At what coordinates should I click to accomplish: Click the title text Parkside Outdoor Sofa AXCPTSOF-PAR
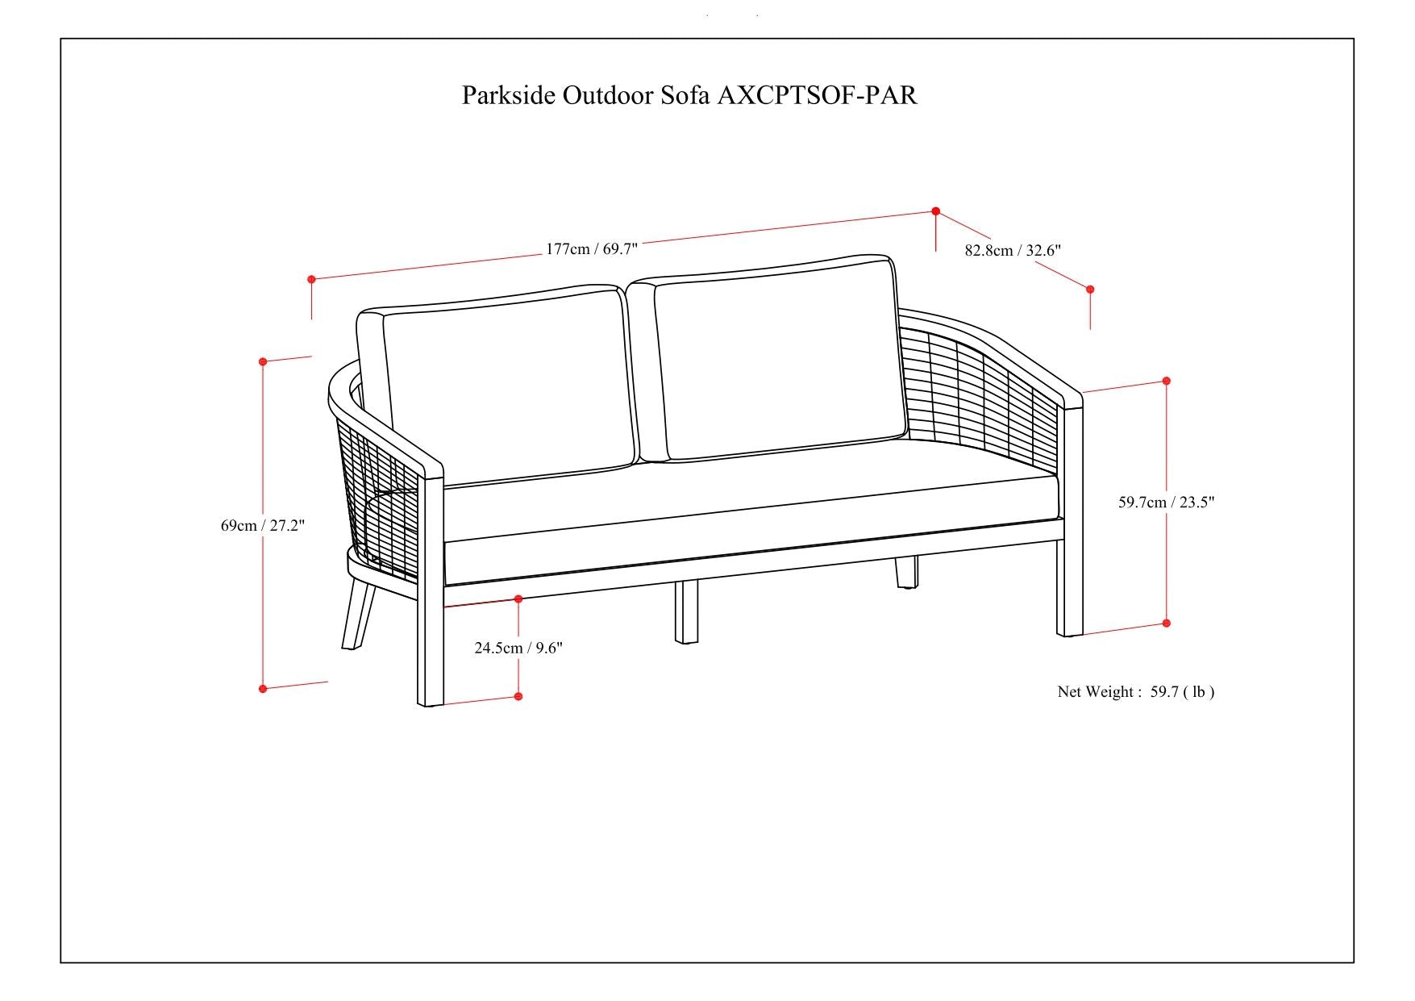tap(689, 95)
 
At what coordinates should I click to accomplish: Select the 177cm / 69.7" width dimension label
tap(591, 248)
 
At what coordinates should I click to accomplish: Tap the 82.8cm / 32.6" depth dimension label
tap(1013, 250)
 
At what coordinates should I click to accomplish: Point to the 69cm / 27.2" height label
tap(263, 526)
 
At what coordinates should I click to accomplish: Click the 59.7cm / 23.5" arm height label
tap(1166, 502)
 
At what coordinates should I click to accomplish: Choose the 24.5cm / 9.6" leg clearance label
tap(518, 648)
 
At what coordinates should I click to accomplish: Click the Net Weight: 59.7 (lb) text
tap(1135, 691)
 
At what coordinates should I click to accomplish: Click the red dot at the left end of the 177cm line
tap(311, 279)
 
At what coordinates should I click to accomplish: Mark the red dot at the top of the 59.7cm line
tap(1166, 381)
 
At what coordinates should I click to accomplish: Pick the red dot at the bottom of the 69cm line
tap(263, 688)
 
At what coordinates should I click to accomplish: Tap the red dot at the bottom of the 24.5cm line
tap(518, 696)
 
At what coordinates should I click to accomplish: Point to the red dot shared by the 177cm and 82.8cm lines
tap(935, 211)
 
